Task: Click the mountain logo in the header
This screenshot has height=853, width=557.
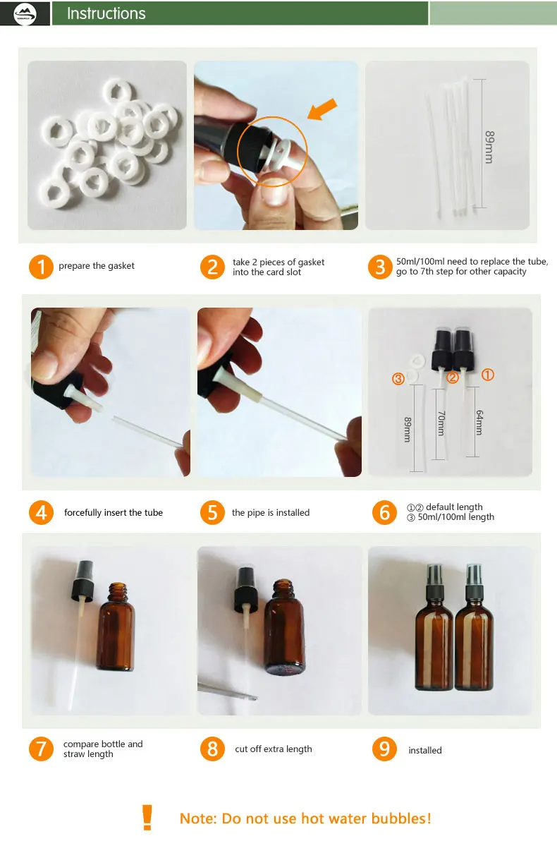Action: tap(25, 14)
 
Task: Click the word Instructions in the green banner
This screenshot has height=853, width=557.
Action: tap(106, 13)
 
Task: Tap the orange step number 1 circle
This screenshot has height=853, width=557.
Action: tap(41, 267)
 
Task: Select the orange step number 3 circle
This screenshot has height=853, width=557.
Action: tap(380, 267)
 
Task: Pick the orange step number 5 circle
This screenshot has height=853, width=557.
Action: tap(212, 512)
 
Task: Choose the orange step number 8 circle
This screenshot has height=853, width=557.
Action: tap(212, 749)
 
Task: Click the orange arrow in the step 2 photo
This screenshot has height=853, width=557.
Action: tap(322, 109)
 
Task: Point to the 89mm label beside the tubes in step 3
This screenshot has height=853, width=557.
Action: tap(489, 147)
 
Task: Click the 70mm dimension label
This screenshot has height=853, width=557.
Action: tap(441, 423)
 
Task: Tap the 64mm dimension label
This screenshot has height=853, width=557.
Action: tap(479, 423)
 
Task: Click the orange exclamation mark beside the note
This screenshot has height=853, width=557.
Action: tap(147, 817)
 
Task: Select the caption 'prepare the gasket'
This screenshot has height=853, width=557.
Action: tap(97, 266)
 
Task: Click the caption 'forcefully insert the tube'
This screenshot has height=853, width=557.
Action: tap(114, 512)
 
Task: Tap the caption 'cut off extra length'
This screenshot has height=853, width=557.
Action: tap(274, 749)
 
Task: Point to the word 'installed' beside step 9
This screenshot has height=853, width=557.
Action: tap(425, 750)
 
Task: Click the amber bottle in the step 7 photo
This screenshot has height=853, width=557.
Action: tap(116, 626)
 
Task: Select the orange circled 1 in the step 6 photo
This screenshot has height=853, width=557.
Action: tap(488, 375)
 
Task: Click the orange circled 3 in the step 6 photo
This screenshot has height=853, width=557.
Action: tap(398, 379)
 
